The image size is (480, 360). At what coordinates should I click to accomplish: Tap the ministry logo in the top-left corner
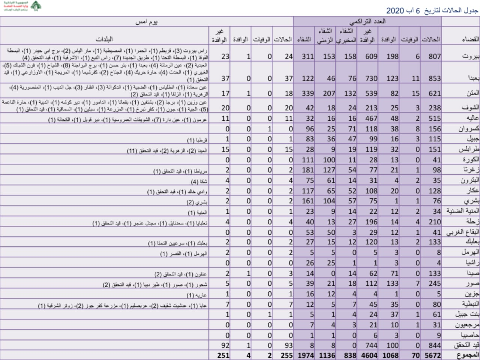pos(22,6)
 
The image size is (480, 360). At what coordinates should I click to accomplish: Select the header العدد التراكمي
pos(367,21)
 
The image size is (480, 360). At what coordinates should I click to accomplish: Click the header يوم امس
pos(146,21)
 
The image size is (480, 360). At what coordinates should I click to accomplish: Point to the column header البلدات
pos(104,39)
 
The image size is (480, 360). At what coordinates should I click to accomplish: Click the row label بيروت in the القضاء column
pos(470,56)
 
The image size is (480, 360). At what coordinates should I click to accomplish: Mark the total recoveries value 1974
pos(306,355)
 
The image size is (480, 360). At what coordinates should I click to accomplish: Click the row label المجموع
pos(467,355)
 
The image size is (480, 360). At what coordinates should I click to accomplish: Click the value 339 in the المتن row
pos(307,93)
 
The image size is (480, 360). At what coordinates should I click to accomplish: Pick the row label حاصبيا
pos(469,335)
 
